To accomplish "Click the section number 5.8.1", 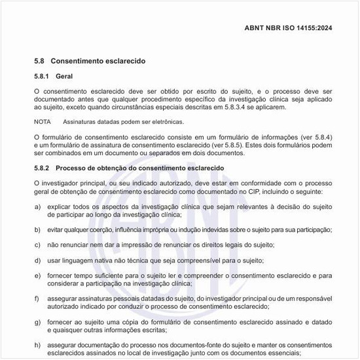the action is (43, 76).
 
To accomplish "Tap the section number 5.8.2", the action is (43, 168).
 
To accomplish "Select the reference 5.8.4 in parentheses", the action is (310, 135).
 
